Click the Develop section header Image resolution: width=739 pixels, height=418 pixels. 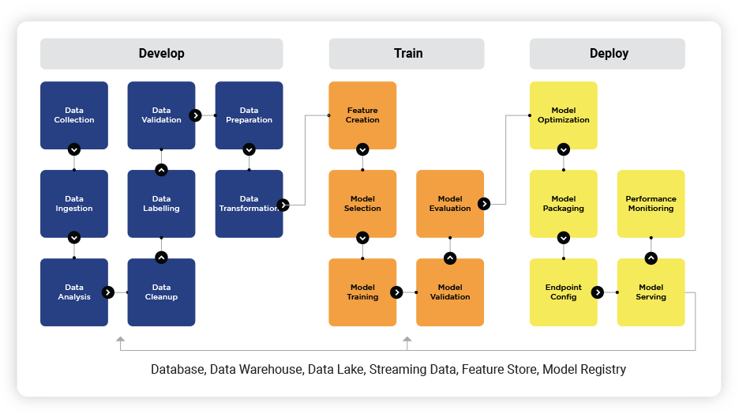click(x=161, y=54)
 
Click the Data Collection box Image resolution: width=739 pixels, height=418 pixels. click(x=74, y=115)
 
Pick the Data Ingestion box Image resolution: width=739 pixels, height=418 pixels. click(x=74, y=204)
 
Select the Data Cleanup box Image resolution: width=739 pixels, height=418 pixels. click(x=161, y=292)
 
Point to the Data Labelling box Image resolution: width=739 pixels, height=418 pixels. click(x=161, y=204)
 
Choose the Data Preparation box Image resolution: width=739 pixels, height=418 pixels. click(x=249, y=115)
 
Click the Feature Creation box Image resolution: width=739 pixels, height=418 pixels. click(x=362, y=115)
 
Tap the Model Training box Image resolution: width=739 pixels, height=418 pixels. click(x=362, y=292)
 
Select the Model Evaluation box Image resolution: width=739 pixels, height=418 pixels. click(x=450, y=204)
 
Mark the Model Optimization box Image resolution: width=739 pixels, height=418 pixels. click(x=564, y=115)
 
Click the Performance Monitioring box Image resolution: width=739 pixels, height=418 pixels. click(x=651, y=204)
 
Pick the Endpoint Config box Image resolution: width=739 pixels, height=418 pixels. click(x=564, y=292)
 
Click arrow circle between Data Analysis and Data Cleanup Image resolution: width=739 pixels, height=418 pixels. click(x=108, y=292)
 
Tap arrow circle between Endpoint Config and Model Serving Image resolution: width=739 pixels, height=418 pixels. click(x=598, y=292)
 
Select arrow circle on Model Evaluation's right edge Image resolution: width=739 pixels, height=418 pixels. click(x=484, y=204)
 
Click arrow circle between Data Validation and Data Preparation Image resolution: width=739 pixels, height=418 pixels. click(x=195, y=115)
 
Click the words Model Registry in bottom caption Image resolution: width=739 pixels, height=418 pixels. click(x=584, y=369)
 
